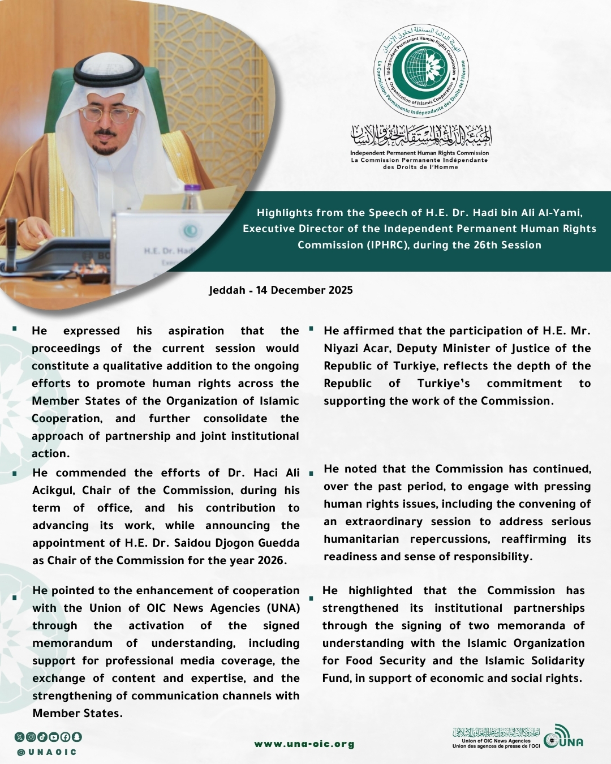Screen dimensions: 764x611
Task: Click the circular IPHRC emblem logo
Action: coord(421,71)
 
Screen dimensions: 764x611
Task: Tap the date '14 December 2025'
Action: coord(304,290)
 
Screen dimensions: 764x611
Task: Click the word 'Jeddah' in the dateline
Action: coord(227,290)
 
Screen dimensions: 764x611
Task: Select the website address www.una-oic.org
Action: coord(304,744)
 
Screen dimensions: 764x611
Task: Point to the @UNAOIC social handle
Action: coord(47,752)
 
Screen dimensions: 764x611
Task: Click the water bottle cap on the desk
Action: coord(193,189)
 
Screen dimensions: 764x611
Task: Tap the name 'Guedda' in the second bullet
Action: coord(279,543)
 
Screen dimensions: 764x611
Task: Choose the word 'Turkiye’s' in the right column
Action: coord(444,384)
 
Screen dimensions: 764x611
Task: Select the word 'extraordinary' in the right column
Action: coord(384,521)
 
